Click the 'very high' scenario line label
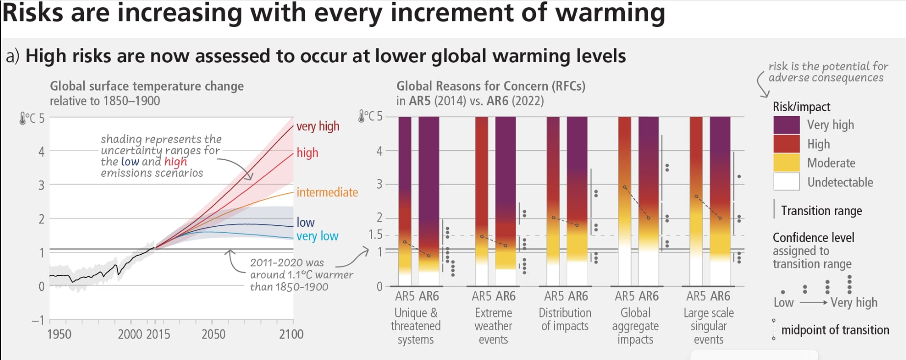318,126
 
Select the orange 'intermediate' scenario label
327,192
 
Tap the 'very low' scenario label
317,236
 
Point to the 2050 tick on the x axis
213,335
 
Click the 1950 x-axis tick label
59,335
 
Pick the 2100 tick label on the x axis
291,335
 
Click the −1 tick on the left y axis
38,320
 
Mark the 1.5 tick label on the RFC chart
375,235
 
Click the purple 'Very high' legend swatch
786,125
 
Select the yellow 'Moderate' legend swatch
786,163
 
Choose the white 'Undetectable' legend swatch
786,182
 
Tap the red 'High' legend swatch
786,144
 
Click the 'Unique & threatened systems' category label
416,326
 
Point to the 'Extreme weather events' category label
493,326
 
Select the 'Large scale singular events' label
709,326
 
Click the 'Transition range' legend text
821,211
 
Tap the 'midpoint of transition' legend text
835,330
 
